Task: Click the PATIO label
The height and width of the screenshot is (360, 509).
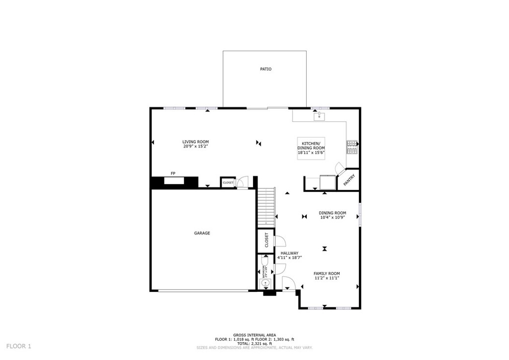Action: (x=266, y=69)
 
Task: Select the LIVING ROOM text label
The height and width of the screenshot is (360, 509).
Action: (x=195, y=142)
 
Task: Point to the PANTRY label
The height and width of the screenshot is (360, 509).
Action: (x=349, y=179)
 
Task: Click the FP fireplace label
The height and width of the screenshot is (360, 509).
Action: (x=173, y=173)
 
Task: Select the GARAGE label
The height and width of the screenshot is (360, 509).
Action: (x=202, y=233)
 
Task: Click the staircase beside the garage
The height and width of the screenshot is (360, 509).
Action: (x=266, y=207)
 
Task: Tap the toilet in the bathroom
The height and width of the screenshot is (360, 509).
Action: (x=264, y=261)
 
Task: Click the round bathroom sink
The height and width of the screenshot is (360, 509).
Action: (x=265, y=283)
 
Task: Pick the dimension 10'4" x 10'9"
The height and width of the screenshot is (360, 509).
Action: (x=332, y=218)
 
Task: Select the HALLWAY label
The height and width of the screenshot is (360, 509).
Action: (x=290, y=253)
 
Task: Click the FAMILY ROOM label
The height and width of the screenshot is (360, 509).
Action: (x=327, y=273)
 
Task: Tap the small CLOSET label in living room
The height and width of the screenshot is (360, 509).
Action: (x=228, y=182)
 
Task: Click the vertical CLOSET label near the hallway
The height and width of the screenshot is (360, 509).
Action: (x=267, y=240)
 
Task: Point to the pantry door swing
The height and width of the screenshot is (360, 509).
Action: (x=339, y=168)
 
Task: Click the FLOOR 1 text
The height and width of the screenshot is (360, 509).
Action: (x=19, y=346)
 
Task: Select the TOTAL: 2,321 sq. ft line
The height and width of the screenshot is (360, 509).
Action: (x=254, y=344)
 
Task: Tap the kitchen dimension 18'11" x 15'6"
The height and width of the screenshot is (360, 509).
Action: (x=311, y=153)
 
